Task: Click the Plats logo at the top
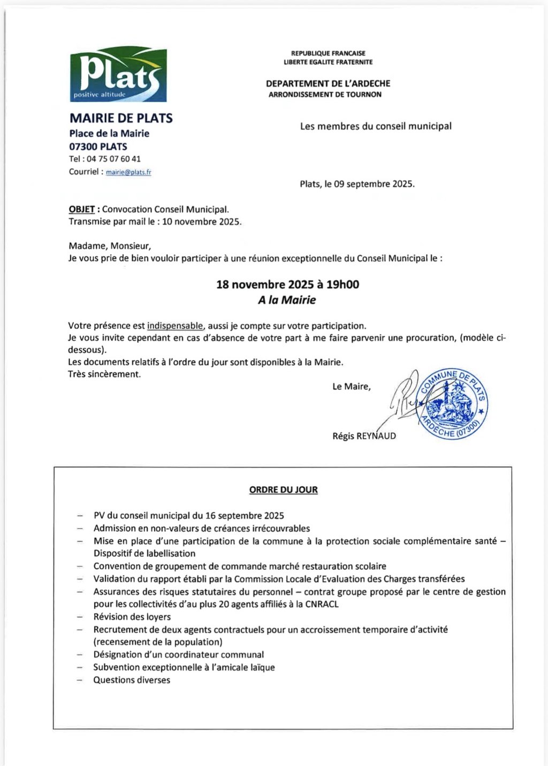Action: (x=118, y=75)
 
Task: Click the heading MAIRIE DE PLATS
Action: (x=121, y=118)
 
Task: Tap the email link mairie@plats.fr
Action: (x=128, y=172)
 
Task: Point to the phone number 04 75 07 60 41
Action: (x=113, y=159)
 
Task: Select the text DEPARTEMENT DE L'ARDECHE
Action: (x=328, y=83)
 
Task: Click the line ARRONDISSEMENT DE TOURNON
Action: (x=325, y=95)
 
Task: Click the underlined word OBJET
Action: (x=82, y=210)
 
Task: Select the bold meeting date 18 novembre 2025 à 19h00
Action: (x=287, y=285)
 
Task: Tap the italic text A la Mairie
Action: (x=287, y=300)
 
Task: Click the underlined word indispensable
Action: (x=175, y=326)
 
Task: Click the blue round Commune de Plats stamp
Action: (x=453, y=404)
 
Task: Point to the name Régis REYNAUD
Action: (x=364, y=436)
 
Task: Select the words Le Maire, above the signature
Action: (x=351, y=386)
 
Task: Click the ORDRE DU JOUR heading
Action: (x=283, y=489)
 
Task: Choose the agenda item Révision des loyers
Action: (x=132, y=617)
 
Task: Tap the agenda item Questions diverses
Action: (x=132, y=680)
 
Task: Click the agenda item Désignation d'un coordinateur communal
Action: (x=179, y=655)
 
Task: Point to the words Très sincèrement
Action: (x=104, y=374)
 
